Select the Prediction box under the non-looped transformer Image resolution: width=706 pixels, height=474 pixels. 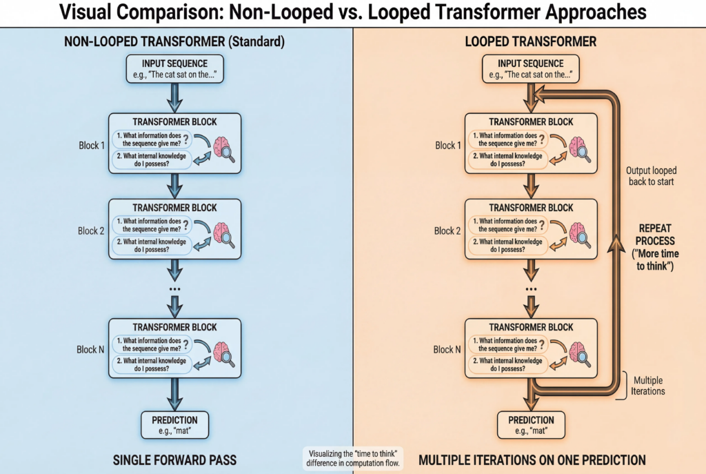pos(174,424)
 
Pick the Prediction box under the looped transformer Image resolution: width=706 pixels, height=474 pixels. pos(531,424)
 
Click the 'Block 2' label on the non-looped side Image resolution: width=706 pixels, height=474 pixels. pos(91,230)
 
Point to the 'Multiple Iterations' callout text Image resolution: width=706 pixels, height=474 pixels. pos(648,386)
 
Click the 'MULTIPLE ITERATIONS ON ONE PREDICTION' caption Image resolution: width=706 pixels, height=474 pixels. pos(532,460)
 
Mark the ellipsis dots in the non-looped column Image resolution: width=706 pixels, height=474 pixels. pos(174,287)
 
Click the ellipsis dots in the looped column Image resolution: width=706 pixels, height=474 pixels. pos(531,287)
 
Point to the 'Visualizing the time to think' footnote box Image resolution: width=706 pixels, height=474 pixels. pos(354,457)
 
